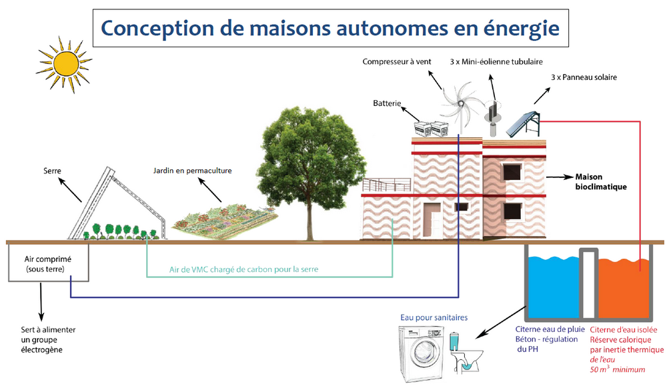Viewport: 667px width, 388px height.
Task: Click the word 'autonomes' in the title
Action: point(392,28)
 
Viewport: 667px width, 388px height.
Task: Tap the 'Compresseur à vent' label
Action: point(396,61)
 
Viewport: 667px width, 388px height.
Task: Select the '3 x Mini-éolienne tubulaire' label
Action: point(496,61)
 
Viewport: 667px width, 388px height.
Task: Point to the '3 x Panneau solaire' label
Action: point(584,77)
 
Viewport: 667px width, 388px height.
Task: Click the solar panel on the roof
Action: point(523,124)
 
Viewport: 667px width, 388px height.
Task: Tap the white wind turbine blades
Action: point(460,102)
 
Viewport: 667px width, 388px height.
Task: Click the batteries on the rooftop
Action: point(432,129)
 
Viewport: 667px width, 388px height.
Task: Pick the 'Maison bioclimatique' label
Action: point(601,182)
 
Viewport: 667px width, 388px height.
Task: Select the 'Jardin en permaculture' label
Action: point(192,171)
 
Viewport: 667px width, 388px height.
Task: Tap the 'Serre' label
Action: point(52,171)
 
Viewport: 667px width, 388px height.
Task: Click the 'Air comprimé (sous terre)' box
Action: point(49,263)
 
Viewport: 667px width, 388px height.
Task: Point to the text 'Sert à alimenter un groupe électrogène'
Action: point(48,339)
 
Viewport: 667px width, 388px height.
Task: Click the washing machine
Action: point(421,353)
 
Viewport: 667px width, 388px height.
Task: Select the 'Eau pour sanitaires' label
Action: point(434,317)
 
